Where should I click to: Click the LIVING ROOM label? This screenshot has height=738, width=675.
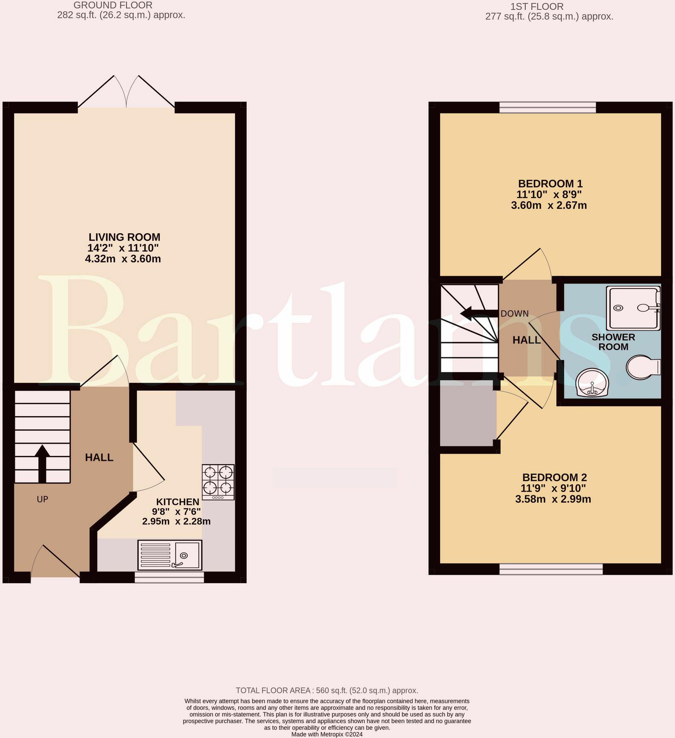pyautogui.click(x=124, y=237)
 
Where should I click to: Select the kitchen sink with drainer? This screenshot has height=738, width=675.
pyautogui.click(x=170, y=555)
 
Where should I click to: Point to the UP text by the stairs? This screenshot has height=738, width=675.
pyautogui.click(x=42, y=499)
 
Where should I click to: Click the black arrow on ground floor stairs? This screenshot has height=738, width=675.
pyautogui.click(x=42, y=464)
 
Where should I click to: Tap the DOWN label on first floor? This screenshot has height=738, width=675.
pyautogui.click(x=515, y=314)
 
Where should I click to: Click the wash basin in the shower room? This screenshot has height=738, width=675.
pyautogui.click(x=592, y=383)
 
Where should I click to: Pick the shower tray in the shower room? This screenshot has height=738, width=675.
pyautogui.click(x=633, y=308)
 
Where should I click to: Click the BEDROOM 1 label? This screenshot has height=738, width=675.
pyautogui.click(x=550, y=184)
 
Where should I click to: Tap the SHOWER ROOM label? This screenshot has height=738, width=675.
pyautogui.click(x=613, y=342)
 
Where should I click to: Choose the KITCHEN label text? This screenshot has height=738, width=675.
pyautogui.click(x=178, y=502)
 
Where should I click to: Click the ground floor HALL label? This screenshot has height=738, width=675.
pyautogui.click(x=99, y=457)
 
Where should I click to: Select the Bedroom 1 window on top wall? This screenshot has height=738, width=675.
pyautogui.click(x=548, y=107)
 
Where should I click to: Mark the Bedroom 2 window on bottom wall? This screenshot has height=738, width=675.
pyautogui.click(x=551, y=569)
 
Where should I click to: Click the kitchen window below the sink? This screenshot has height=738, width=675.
pyautogui.click(x=169, y=577)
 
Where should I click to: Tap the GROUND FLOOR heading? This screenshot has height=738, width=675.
pyautogui.click(x=113, y=6)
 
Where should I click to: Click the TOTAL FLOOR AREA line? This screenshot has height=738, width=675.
pyautogui.click(x=327, y=690)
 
